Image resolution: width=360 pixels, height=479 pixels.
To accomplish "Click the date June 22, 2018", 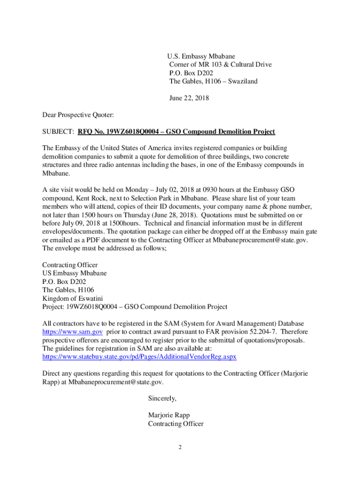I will (x=189, y=98).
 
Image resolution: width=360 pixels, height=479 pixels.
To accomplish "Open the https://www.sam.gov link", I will (x=72, y=332).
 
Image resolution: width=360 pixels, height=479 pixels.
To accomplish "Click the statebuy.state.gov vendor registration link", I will (x=139, y=356).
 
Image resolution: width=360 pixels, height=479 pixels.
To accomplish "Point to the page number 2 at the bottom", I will (x=180, y=447).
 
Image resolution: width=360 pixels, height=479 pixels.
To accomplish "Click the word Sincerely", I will (x=162, y=399).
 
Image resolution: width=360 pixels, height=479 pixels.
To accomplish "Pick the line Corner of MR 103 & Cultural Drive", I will (x=220, y=65).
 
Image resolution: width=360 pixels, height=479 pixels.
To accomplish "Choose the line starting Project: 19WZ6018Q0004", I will (x=135, y=307).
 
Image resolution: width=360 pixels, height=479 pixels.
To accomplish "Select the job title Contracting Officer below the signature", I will (x=176, y=424).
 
